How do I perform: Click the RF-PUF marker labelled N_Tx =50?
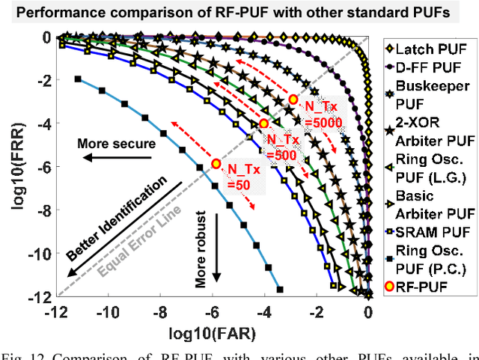tap(216, 162)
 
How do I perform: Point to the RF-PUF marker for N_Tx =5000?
tap(293, 99)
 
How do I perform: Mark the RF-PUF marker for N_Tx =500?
tap(263, 123)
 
